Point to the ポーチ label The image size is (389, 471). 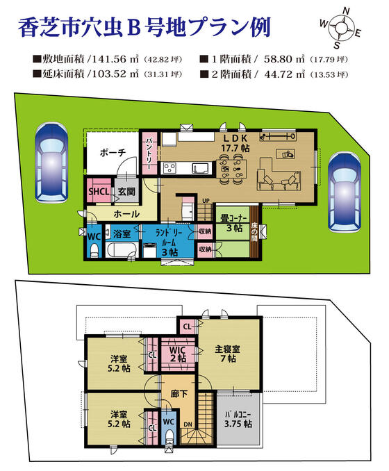tap(112, 153)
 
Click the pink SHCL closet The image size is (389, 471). tap(97, 192)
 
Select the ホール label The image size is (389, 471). tap(125, 214)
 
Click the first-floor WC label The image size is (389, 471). tap(92, 235)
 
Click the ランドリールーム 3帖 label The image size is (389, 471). tap(169, 243)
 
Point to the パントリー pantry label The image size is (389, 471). tap(149, 153)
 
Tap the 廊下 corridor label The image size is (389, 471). tap(179, 393)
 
